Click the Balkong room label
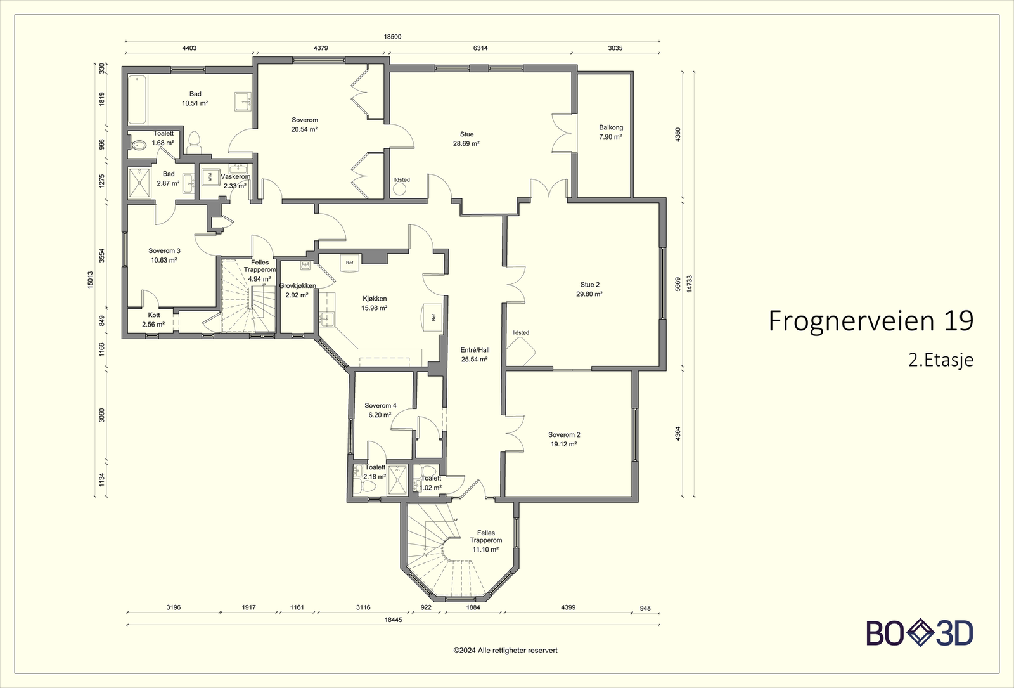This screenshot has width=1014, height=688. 611,127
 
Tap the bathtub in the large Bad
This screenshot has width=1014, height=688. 137,100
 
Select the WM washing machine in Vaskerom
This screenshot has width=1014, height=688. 210,177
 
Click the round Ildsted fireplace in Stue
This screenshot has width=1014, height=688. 399,189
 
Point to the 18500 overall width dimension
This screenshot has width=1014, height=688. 392,37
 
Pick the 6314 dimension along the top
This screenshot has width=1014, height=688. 480,48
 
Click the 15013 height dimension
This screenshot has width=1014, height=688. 91,280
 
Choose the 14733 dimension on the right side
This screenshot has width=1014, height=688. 690,284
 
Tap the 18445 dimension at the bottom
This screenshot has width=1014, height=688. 393,620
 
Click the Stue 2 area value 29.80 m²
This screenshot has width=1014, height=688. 589,294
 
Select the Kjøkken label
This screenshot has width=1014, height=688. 375,299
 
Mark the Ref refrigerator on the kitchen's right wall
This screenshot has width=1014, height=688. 432,318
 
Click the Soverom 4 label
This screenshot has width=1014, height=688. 380,405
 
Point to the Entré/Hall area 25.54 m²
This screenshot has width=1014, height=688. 475,360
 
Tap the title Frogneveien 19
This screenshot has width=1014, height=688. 871,321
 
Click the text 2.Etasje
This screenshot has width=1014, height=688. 940,361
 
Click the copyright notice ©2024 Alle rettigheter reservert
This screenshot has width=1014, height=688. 505,651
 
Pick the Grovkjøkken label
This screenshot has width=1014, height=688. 297,286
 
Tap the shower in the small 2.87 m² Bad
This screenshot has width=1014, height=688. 139,183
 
